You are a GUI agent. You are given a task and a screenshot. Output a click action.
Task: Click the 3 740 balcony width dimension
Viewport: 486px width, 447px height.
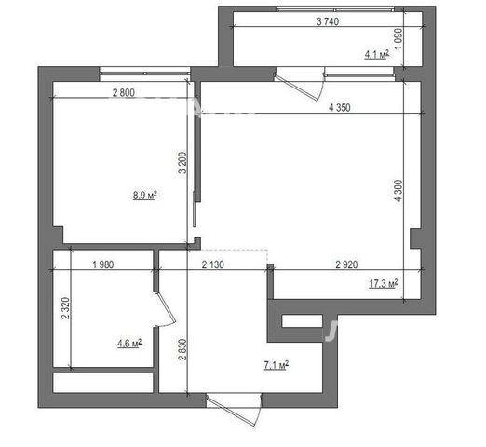pyautogui.click(x=328, y=21)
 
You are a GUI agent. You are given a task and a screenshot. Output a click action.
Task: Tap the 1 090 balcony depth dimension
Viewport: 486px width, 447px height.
pyautogui.click(x=398, y=38)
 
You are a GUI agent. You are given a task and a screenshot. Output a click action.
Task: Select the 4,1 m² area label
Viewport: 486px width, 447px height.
pyautogui.click(x=377, y=55)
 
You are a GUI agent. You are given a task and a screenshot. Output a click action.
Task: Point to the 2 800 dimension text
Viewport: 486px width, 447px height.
pyautogui.click(x=124, y=92)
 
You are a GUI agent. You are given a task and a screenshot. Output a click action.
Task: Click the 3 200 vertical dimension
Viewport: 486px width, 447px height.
pyautogui.click(x=182, y=162)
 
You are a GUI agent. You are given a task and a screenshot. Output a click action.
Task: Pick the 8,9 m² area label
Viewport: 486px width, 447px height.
pyautogui.click(x=145, y=196)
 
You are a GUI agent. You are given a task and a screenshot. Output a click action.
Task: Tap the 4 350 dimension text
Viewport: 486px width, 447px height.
pyautogui.click(x=340, y=107)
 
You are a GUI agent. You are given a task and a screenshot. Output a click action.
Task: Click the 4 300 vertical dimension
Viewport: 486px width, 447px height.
pyautogui.click(x=398, y=191)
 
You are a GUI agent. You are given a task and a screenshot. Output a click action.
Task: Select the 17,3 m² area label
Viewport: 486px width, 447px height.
pyautogui.click(x=384, y=283)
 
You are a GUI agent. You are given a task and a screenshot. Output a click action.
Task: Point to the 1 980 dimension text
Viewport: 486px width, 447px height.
pyautogui.click(x=103, y=264)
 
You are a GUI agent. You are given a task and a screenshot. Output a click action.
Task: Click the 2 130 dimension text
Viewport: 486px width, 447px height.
pyautogui.click(x=213, y=264)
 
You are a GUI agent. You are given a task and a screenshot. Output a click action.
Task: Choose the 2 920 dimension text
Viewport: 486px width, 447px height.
pyautogui.click(x=346, y=264)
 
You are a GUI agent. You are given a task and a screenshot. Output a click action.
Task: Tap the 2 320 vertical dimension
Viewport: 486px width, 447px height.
pyautogui.click(x=65, y=308)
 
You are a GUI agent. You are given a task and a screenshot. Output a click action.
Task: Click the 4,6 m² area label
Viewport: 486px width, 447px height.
pyautogui.click(x=129, y=344)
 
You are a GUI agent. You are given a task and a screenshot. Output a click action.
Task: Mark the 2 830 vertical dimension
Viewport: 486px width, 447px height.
pyautogui.click(x=182, y=349)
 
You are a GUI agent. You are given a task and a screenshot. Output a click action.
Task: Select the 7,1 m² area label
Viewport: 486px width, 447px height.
pyautogui.click(x=277, y=365)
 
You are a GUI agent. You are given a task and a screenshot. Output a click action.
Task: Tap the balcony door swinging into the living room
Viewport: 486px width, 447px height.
pyautogui.click(x=297, y=88)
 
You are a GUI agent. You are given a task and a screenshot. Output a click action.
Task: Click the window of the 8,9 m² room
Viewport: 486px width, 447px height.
pyautogui.click(x=145, y=74)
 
